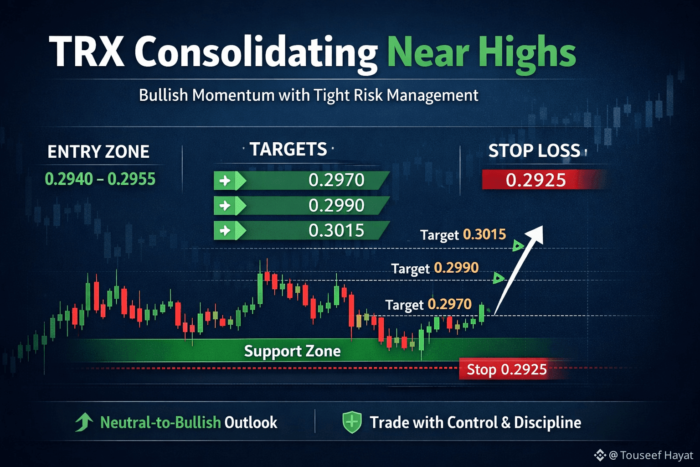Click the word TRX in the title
(x=87, y=51)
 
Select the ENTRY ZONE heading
(x=98, y=151)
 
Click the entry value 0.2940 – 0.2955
(x=100, y=179)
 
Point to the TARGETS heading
(x=288, y=149)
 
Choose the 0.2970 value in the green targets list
(x=336, y=180)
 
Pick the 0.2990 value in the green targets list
(x=336, y=206)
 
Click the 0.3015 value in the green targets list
(x=336, y=230)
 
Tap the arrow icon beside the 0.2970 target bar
(x=225, y=181)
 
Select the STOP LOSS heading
(x=535, y=150)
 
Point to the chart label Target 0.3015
(x=463, y=234)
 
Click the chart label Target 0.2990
(x=435, y=268)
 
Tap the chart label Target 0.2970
(x=428, y=305)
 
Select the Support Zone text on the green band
(x=292, y=351)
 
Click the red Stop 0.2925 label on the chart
(x=507, y=369)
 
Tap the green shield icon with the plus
(x=352, y=422)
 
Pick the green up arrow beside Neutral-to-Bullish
(x=83, y=422)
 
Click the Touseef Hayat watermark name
(x=657, y=455)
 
